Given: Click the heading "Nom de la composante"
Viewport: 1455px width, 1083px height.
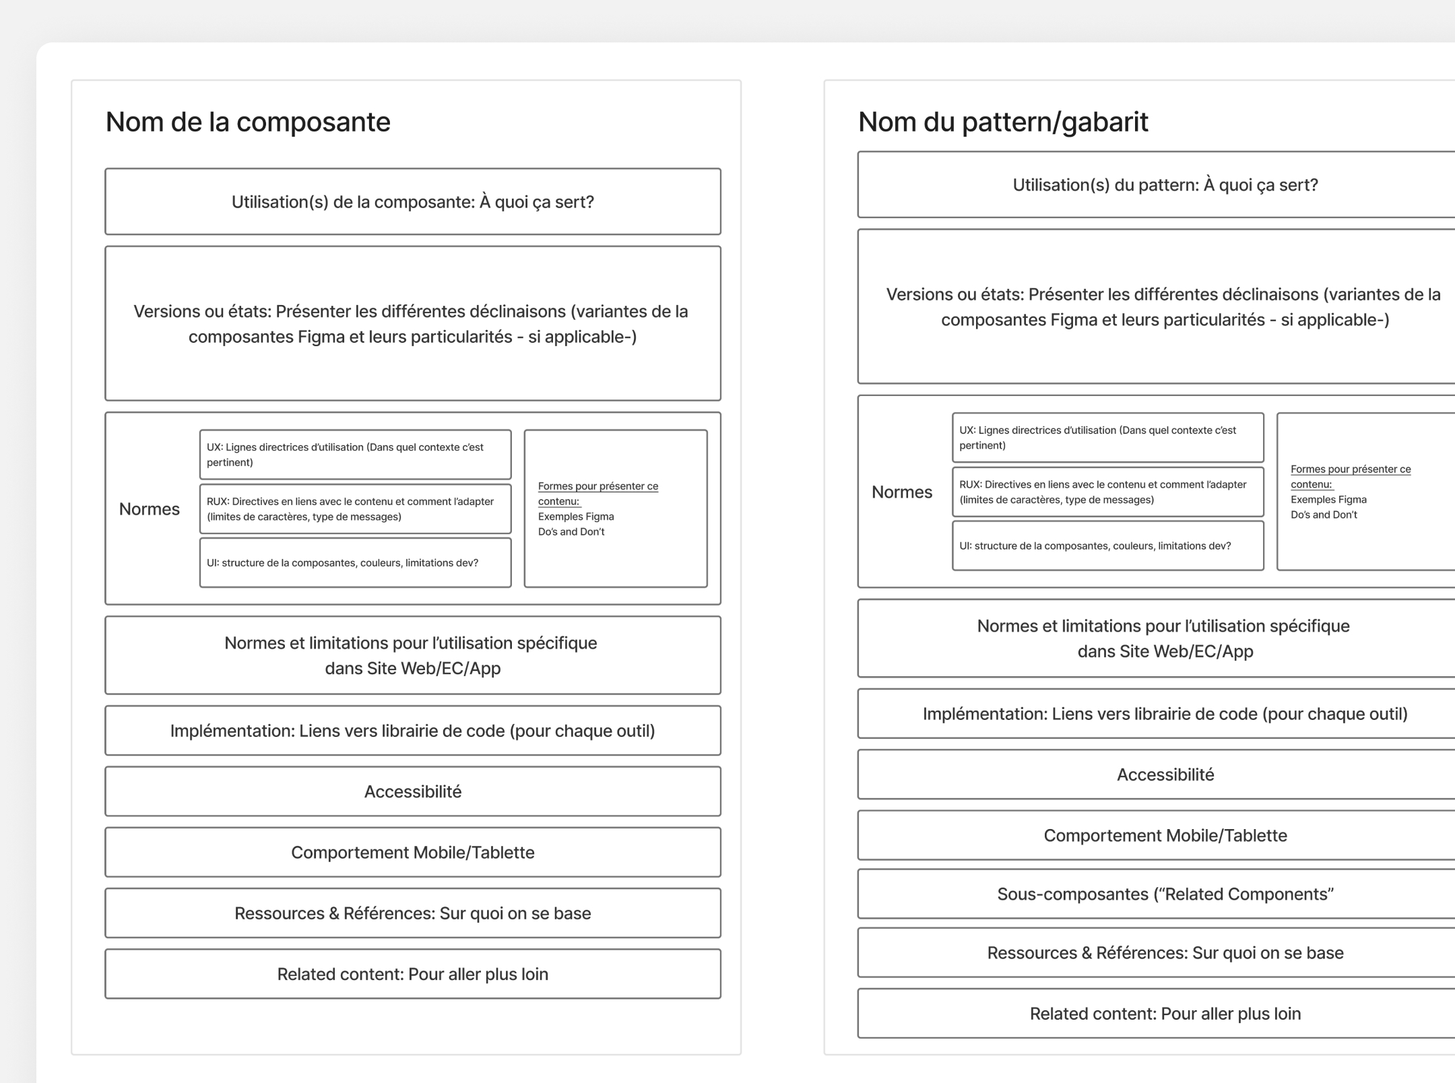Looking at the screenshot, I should [248, 122].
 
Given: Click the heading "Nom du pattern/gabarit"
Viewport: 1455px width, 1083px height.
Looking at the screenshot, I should [1003, 122].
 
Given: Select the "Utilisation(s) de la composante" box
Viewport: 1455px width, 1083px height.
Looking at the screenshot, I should [412, 202].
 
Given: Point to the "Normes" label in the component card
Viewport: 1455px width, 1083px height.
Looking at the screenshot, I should [150, 509].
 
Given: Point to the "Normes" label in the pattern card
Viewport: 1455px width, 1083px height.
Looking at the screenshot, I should [902, 492].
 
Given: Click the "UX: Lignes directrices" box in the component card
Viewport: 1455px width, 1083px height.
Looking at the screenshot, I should [355, 455].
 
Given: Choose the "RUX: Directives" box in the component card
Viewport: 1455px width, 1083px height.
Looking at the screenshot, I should [355, 509].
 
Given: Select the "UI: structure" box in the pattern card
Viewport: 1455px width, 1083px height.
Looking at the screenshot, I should [1107, 546].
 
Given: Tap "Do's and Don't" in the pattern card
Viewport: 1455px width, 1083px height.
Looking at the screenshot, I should [1324, 515].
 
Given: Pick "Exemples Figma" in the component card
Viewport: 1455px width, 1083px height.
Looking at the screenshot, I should [576, 517].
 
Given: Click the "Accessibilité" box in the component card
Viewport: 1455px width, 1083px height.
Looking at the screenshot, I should [412, 791].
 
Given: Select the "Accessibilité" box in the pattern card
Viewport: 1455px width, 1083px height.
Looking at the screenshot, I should [1165, 775].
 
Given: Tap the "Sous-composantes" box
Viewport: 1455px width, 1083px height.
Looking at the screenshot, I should [1165, 894].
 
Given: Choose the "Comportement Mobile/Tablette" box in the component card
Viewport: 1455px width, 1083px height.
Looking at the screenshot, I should [412, 853].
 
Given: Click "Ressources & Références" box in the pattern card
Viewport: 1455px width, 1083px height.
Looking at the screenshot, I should [1165, 953].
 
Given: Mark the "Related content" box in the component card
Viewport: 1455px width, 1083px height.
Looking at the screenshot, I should [412, 974].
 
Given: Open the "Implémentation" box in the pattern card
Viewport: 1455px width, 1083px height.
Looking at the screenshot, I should [1165, 714].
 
